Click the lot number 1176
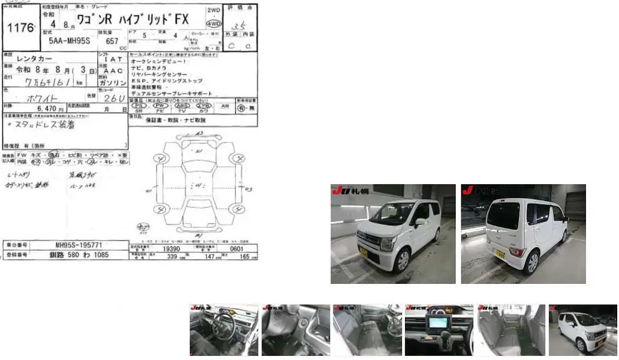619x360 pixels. point(20,28)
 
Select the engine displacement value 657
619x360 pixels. point(112,41)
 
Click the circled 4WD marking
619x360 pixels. point(214,23)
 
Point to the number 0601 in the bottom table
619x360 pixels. point(238,247)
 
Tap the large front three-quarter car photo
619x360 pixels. point(393,233)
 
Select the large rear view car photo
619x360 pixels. point(523,233)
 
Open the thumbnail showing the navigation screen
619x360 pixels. point(438,330)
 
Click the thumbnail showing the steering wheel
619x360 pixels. point(224,330)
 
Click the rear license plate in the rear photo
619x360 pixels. point(500,254)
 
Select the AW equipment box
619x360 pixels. point(225,106)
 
